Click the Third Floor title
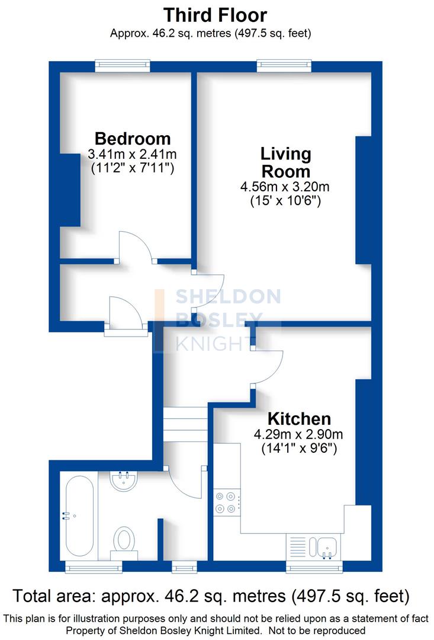pyautogui.click(x=215, y=15)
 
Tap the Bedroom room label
pyautogui.click(x=133, y=139)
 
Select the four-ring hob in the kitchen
pyautogui.click(x=226, y=502)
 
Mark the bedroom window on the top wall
pyautogui.click(x=123, y=66)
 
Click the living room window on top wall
pyautogui.click(x=284, y=66)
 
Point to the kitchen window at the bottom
pyautogui.click(x=314, y=568)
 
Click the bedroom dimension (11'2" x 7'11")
pyautogui.click(x=133, y=168)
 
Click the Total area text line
pyautogui.click(x=211, y=595)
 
